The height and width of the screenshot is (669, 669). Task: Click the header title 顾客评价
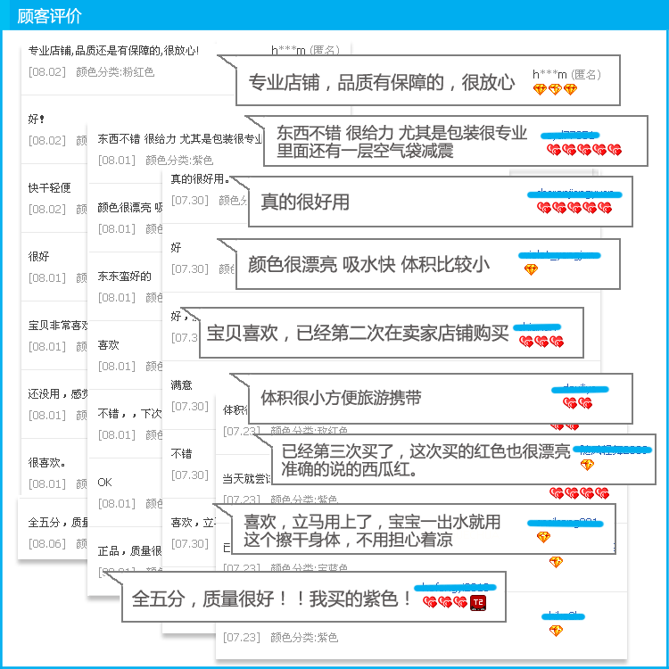tap(49, 16)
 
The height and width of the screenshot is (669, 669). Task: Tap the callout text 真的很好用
tap(305, 202)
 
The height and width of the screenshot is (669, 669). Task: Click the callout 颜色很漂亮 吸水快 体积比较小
tap(368, 264)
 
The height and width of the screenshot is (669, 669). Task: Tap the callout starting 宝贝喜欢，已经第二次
tap(357, 334)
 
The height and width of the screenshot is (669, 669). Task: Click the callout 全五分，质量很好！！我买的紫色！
tap(272, 598)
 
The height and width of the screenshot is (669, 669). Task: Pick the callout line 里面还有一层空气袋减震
tap(365, 151)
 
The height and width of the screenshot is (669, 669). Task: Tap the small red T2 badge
tap(478, 603)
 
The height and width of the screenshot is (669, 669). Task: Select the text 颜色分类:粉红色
tap(115, 72)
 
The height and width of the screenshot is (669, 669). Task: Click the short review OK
tap(104, 483)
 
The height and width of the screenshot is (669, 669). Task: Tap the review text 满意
tap(181, 385)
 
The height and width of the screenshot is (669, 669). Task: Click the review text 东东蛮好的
tap(124, 277)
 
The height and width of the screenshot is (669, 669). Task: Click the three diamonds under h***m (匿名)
tap(555, 89)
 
